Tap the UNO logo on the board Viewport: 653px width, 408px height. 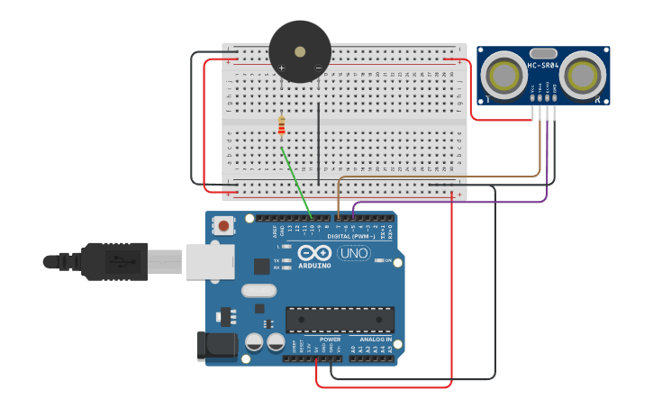pos(353,253)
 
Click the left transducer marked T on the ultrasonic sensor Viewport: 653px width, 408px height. pos(503,75)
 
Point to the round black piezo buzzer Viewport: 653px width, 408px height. pos(300,51)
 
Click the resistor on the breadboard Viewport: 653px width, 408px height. pos(281,127)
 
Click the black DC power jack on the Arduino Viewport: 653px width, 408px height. pos(216,346)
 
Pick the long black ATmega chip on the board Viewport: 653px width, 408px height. pos(340,319)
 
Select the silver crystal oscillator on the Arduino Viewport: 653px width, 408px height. pos(258,290)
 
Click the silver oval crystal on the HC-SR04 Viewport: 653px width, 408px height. pos(543,54)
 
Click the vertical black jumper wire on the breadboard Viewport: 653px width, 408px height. pos(318,136)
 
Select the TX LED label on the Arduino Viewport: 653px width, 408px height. pos(277,260)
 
